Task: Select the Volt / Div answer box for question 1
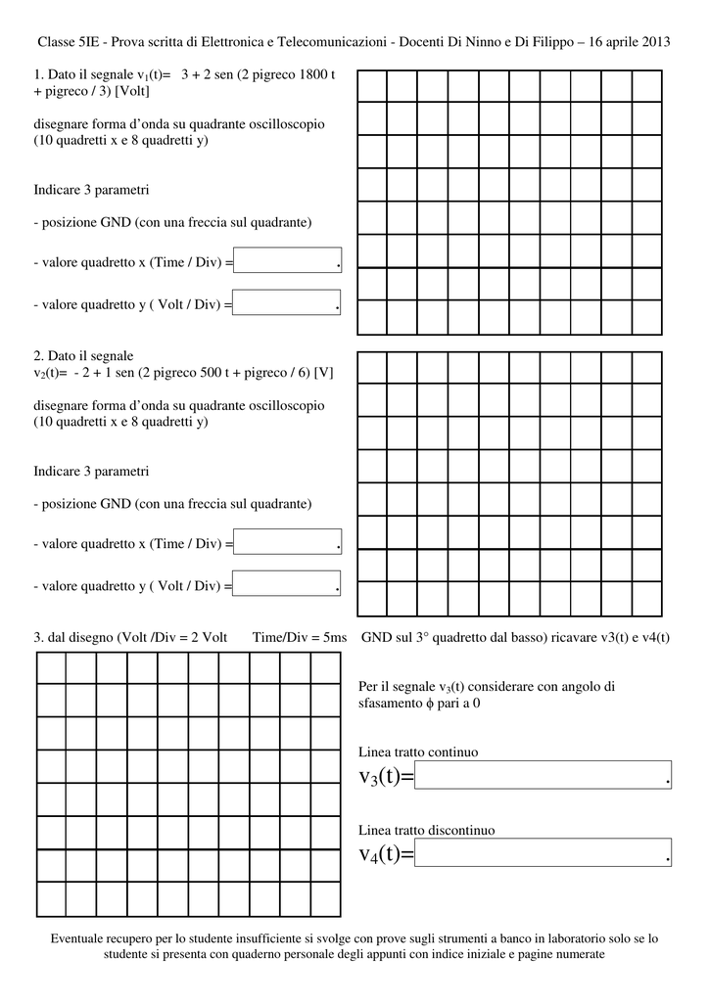point(287,303)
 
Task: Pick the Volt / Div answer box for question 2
point(287,584)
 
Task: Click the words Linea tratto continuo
point(418,752)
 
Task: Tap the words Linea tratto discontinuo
point(426,830)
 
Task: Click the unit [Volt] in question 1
point(131,91)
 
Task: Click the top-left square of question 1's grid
point(372,86)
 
